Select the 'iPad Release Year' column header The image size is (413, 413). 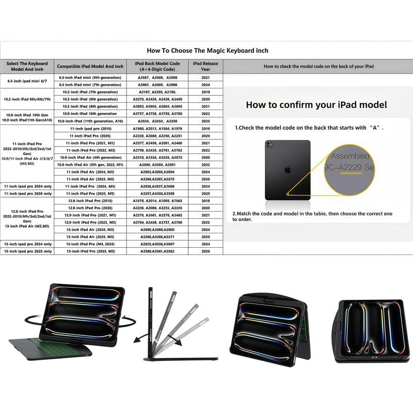click(x=205, y=66)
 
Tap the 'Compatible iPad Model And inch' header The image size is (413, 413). click(x=90, y=67)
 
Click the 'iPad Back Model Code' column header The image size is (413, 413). click(x=161, y=66)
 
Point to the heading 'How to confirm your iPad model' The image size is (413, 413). click(x=316, y=105)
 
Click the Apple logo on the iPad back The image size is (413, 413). click(x=288, y=169)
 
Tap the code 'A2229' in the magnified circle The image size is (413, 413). click(x=350, y=168)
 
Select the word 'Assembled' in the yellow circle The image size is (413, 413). click(x=350, y=156)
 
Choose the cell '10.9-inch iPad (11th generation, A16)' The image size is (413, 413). click(x=90, y=121)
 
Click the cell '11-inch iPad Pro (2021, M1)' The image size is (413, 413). click(x=90, y=143)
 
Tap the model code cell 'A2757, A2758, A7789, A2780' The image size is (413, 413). click(x=161, y=114)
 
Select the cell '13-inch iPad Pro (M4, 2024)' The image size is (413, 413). click(x=90, y=244)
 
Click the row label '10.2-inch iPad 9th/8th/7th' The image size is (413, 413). click(x=27, y=99)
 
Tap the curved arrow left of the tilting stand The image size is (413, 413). click(x=135, y=339)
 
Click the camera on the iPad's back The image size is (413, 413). click(x=270, y=146)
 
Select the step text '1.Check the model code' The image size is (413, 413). click(x=309, y=127)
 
